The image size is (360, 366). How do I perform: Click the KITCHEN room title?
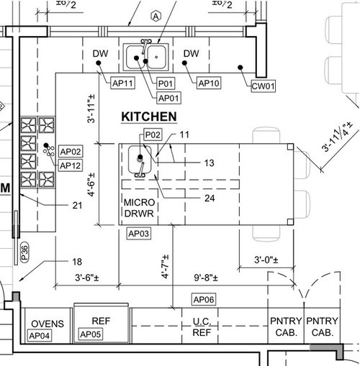pos(149,116)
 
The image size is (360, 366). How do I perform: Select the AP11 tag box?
pos(122,83)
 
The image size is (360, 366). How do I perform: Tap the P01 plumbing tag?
pos(166,83)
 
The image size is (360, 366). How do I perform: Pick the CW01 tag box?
pos(263,86)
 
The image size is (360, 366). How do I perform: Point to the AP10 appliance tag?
pos(209,83)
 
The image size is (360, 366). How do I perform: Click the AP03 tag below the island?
pos(139,234)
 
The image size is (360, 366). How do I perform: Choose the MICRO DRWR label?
pos(139,208)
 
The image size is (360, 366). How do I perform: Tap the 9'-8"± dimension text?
pos(206,278)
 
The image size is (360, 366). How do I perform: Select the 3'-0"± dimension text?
pos(266,260)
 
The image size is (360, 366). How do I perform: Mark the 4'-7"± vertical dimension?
pos(165,267)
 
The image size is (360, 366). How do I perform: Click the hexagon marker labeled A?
pos(156,17)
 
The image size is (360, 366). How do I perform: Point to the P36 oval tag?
pos(24,252)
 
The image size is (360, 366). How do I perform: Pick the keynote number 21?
pos(77,206)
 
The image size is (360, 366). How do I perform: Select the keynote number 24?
pos(210,198)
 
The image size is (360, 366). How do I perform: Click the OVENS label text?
pos(48,324)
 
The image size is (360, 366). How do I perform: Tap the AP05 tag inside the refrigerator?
pos(91,334)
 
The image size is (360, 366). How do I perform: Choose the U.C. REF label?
pos(202,327)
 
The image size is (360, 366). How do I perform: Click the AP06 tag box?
pos(204,299)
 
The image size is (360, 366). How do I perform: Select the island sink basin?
pos(140,159)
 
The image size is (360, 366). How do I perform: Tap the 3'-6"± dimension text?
pos(87,278)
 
